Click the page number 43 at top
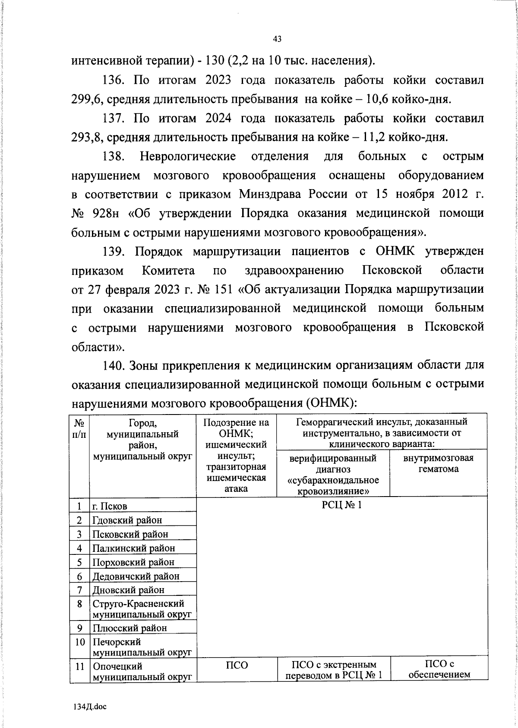277,39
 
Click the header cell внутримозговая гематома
438,463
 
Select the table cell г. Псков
110,506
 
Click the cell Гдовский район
127,520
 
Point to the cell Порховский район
133,562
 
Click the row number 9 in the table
80,628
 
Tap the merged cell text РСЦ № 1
341,505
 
